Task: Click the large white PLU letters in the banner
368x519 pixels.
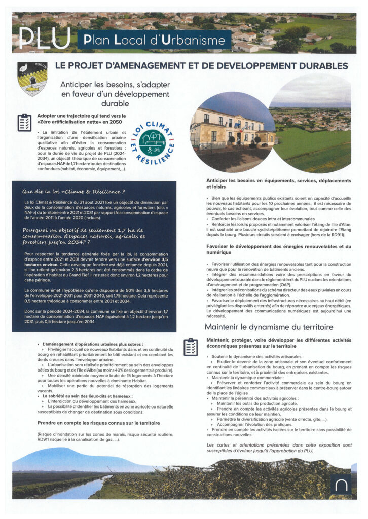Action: point(44,38)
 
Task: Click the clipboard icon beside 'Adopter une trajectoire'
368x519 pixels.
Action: point(24,122)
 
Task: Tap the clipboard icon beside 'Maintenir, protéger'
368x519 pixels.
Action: point(191,346)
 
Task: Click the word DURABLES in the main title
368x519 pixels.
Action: point(321,66)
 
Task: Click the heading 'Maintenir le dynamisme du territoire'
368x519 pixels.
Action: point(269,327)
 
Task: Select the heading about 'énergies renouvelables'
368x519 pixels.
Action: point(278,249)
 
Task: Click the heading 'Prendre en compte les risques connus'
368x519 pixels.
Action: point(98,422)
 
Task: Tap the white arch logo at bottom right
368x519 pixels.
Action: point(340,485)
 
